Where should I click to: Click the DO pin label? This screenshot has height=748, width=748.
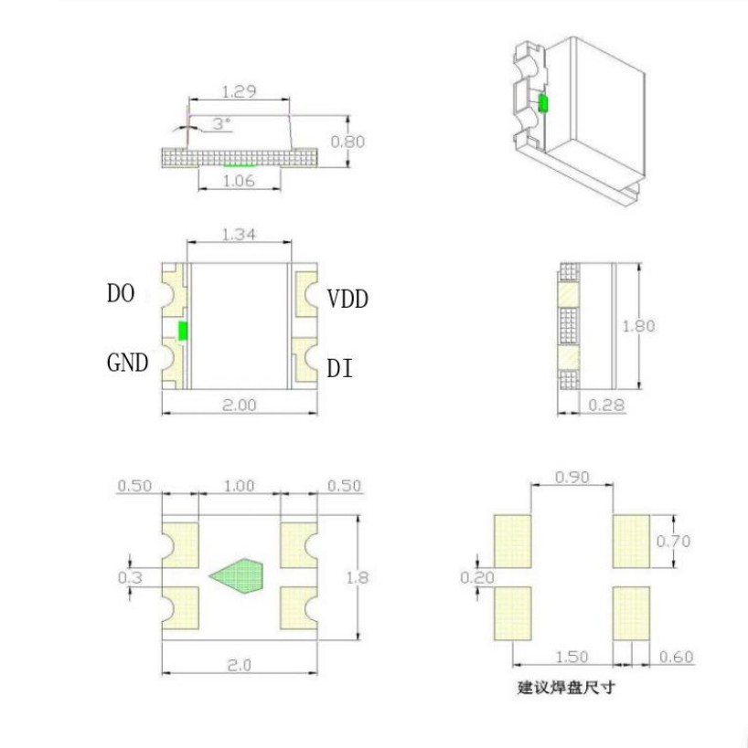coord(121,293)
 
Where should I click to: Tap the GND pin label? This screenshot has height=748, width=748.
coord(127,363)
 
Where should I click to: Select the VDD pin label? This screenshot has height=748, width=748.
coord(347,299)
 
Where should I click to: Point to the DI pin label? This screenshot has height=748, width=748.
coord(339,369)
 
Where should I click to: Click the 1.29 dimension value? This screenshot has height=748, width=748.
coord(239,91)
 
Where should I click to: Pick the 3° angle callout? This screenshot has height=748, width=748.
coord(221,124)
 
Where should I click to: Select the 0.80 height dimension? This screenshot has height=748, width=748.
coord(347,142)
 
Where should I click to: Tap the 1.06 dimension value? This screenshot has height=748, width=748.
coord(239,181)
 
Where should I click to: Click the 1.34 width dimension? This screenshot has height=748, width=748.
coord(239,234)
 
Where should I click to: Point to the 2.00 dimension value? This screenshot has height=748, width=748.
coord(240,405)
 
